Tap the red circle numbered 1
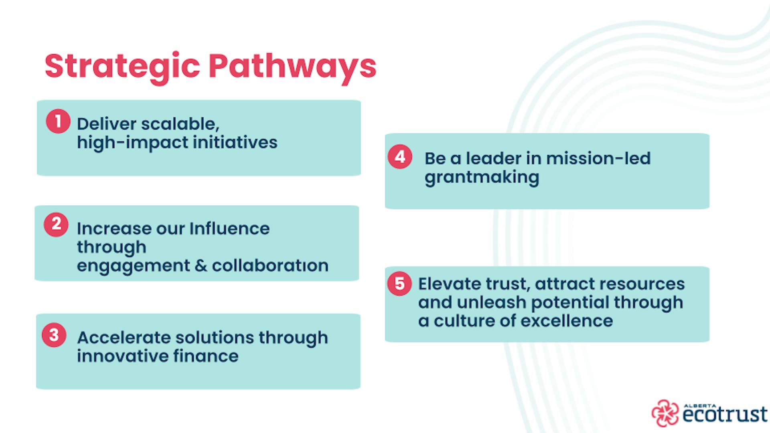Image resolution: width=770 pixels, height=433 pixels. (x=58, y=121)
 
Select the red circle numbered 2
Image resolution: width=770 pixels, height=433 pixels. (x=56, y=224)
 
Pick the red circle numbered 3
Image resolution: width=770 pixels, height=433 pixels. (x=54, y=335)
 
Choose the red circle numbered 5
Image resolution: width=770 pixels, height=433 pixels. (x=399, y=283)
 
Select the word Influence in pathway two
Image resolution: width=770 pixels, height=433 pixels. (x=229, y=229)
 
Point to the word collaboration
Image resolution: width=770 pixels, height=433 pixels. (x=270, y=265)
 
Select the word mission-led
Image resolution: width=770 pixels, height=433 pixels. (x=598, y=159)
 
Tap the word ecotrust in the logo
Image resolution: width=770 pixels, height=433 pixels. (x=725, y=415)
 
